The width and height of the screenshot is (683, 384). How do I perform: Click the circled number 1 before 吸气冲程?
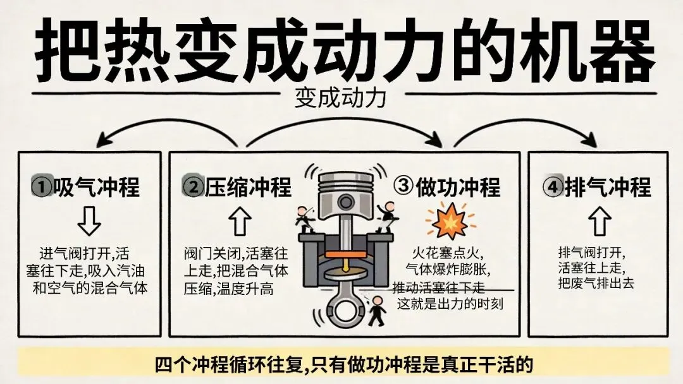tap(42, 187)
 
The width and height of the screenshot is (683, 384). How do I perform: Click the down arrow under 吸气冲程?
tap(89, 221)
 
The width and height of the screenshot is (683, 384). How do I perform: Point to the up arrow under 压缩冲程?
tap(240, 221)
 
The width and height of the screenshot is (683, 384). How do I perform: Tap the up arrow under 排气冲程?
tap(600, 220)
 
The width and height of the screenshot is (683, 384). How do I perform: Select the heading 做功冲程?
tap(458, 187)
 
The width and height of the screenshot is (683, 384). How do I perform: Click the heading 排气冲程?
tap(608, 187)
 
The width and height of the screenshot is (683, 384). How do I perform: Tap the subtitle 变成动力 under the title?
tap(340, 98)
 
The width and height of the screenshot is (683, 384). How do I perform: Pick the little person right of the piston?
tap(387, 217)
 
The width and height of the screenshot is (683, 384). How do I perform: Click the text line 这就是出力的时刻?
tap(450, 303)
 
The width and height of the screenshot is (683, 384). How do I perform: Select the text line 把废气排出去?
tap(596, 284)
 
